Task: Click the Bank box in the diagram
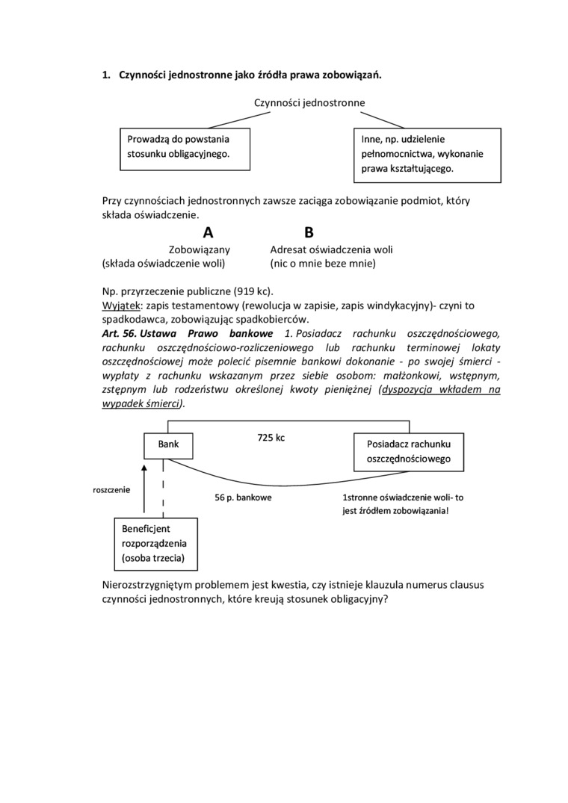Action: coord(168,445)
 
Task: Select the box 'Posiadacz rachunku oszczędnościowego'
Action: coord(408,451)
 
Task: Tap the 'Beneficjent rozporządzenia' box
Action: coord(160,543)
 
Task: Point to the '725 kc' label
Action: coord(271,438)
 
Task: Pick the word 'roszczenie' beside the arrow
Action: coord(111,490)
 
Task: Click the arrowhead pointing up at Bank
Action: coord(145,465)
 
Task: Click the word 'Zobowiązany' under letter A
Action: coord(200,249)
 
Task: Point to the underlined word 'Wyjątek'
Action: coord(120,306)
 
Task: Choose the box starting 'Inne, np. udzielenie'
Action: coord(426,155)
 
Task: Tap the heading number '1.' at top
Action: coord(106,75)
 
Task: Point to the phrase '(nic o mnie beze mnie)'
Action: coord(323,264)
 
